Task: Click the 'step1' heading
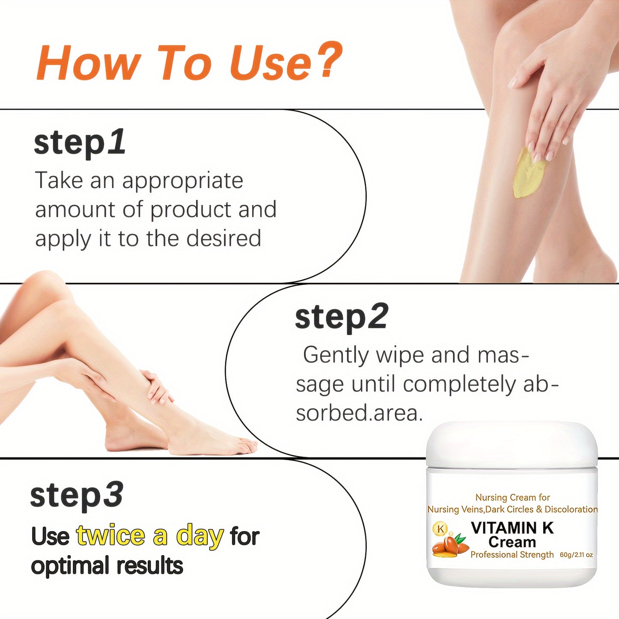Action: pos(80,143)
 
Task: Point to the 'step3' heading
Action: pos(77,495)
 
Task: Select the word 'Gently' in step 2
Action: pos(335,356)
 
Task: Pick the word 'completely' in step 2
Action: pos(459,384)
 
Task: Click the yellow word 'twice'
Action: pos(111,535)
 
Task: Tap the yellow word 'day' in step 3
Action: pos(200,536)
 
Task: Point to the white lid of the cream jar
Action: pos(512,443)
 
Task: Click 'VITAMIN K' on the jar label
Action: pos(512,528)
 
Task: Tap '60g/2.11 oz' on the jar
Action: pos(576,555)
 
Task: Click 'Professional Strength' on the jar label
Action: pos(512,555)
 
